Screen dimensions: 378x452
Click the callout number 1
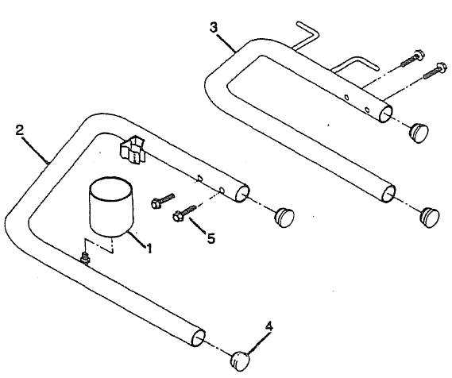pyautogui.click(x=148, y=248)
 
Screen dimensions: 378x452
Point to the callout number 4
pyautogui.click(x=269, y=326)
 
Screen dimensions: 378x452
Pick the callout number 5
pyautogui.click(x=210, y=237)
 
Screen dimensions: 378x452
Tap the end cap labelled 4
pyautogui.click(x=241, y=359)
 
